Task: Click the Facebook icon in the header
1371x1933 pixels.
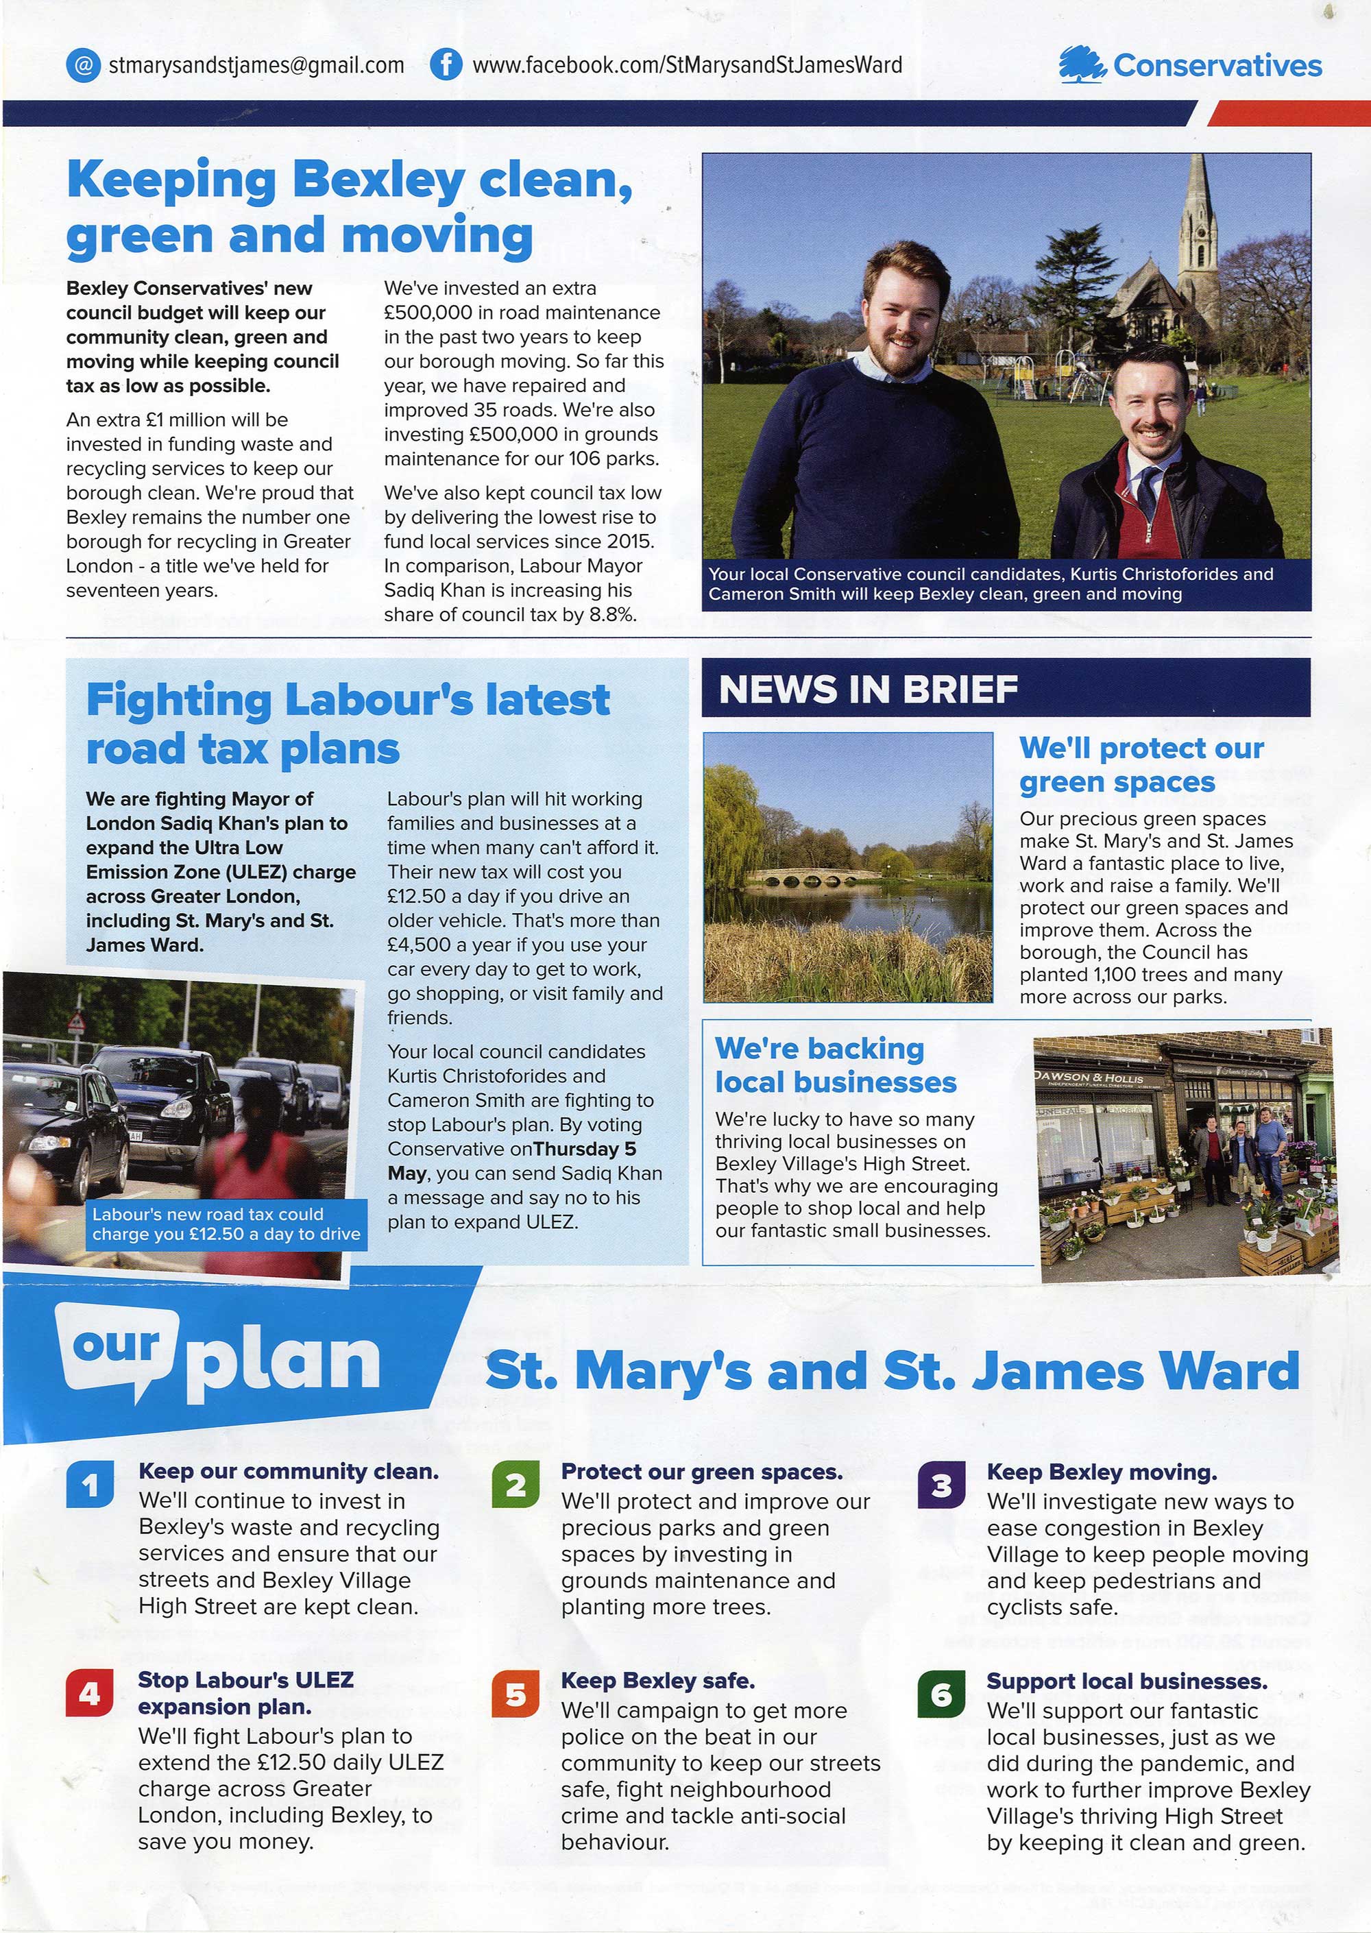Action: coord(445,65)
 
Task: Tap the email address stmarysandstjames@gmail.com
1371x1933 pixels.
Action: coord(256,65)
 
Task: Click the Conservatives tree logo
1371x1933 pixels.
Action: coord(1082,65)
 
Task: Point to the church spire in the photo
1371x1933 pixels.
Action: coord(1198,219)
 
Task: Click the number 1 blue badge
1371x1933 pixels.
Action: coord(90,1484)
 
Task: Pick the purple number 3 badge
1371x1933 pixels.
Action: coord(941,1484)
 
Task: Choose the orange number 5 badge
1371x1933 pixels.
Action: coord(515,1693)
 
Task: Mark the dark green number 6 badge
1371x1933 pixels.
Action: coord(941,1693)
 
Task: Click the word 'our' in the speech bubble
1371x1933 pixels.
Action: coord(116,1344)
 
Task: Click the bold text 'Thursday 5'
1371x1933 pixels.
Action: coord(585,1149)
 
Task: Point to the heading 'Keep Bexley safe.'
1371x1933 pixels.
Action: coord(657,1681)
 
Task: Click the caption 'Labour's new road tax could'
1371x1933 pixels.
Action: coord(208,1214)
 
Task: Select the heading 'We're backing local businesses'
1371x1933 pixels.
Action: coord(835,1065)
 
